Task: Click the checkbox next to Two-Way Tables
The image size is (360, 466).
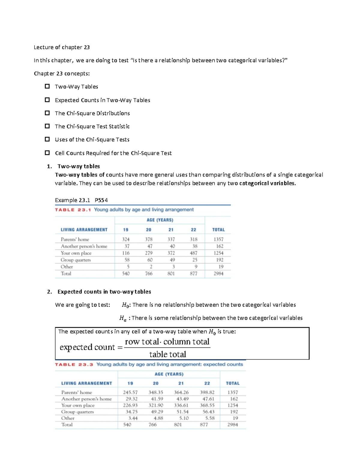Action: click(x=47, y=86)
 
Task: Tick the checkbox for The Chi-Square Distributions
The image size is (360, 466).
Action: click(x=47, y=113)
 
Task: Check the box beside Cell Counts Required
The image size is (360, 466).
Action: click(x=47, y=153)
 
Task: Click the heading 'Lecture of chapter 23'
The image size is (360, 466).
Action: click(x=61, y=47)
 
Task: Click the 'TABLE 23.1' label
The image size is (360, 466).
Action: click(x=73, y=210)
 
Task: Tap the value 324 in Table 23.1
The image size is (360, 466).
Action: click(x=126, y=239)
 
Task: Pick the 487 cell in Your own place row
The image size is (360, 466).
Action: click(x=193, y=253)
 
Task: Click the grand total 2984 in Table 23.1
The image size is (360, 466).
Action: click(x=218, y=274)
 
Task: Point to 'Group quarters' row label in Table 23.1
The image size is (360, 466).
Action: click(x=76, y=260)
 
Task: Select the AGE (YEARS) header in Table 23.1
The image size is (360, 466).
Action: click(x=160, y=220)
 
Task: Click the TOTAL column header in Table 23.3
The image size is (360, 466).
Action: click(x=232, y=383)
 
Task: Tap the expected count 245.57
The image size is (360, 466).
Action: click(x=130, y=392)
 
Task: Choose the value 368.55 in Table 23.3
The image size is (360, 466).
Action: click(x=207, y=405)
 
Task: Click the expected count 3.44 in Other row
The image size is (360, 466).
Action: click(x=133, y=418)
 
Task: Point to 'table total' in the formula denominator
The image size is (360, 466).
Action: click(x=167, y=354)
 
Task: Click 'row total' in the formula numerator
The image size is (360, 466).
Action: click(x=142, y=342)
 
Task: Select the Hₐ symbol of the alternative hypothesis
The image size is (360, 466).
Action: click(x=123, y=318)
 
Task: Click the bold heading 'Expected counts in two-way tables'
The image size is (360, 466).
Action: click(x=104, y=292)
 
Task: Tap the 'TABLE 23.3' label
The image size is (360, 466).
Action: click(x=74, y=365)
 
